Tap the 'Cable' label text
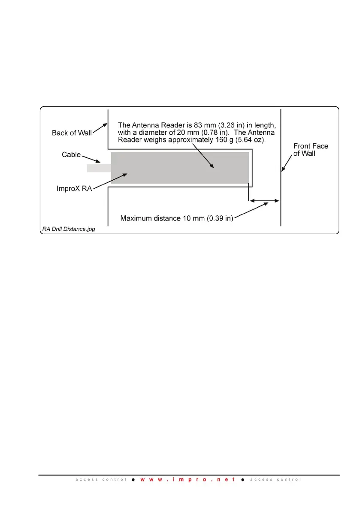71,154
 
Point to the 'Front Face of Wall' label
311,150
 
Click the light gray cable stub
99,168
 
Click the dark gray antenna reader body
180,168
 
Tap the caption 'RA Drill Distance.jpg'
69,229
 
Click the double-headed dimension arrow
264,200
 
